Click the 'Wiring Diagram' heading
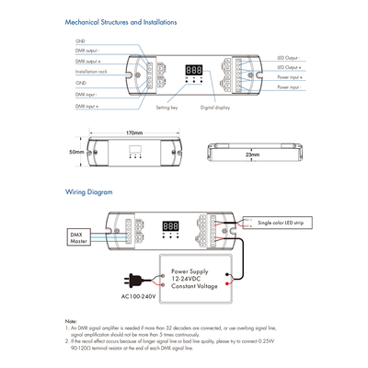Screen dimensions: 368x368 coord(89,192)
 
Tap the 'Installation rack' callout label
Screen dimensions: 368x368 coord(92,71)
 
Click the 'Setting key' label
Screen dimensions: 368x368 coord(167,109)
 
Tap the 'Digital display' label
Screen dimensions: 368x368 coord(214,109)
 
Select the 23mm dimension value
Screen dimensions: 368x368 coord(252,155)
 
